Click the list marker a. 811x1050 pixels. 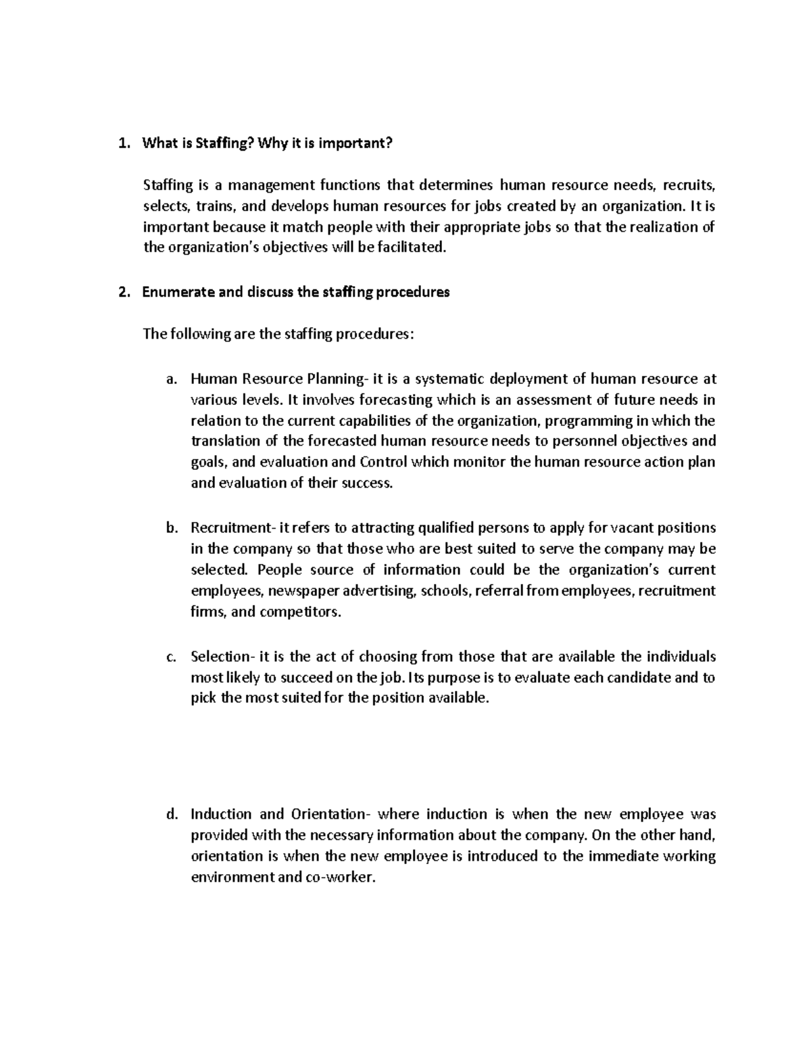tap(171, 379)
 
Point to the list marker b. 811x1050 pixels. tap(171, 528)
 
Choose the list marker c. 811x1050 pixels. tap(171, 657)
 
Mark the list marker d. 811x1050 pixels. tap(171, 814)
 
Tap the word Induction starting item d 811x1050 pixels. tap(221, 814)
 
